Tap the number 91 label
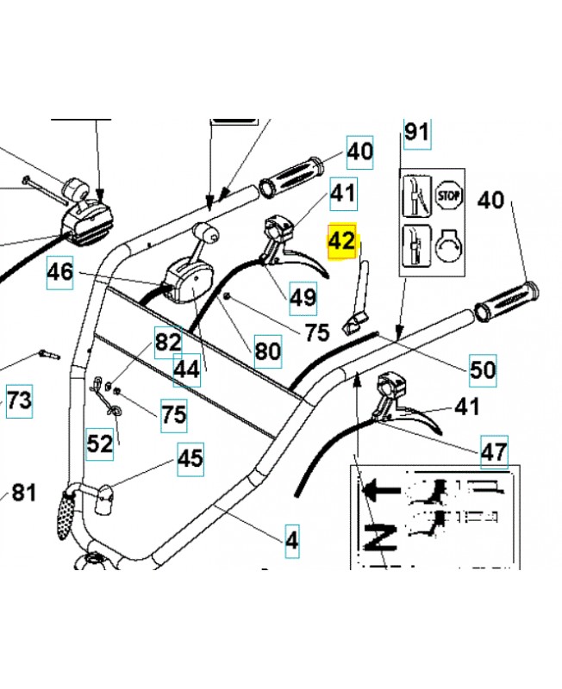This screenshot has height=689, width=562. tap(416, 133)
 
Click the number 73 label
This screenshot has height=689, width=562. tap(19, 400)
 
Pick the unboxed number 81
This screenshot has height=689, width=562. tap(23, 493)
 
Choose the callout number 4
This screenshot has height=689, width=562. tap(291, 542)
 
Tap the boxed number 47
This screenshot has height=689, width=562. tap(494, 450)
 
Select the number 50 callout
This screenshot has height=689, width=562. tap(483, 370)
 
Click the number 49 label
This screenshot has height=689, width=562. tap(303, 298)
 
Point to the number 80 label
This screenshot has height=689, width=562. tap(267, 351)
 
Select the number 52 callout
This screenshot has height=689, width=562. tap(100, 444)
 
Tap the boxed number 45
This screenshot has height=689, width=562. tap(190, 457)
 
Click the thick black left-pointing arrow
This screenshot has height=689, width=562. tap(383, 491)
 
